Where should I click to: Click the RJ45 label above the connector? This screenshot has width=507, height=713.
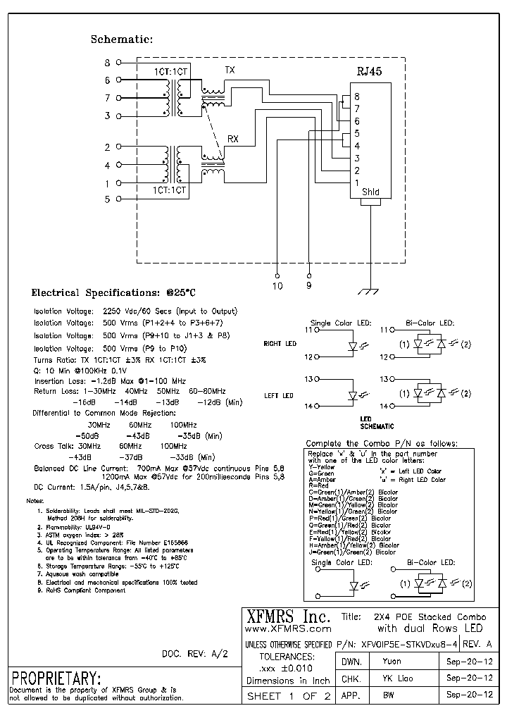pyautogui.click(x=370, y=72)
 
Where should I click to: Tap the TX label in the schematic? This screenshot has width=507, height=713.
pyautogui.click(x=230, y=70)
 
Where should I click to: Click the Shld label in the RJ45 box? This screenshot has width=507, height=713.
pyautogui.click(x=370, y=192)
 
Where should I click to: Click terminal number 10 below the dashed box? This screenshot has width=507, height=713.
pyautogui.click(x=277, y=285)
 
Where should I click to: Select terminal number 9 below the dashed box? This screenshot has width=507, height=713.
pyautogui.click(x=310, y=285)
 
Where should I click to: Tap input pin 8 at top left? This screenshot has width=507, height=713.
pyautogui.click(x=107, y=63)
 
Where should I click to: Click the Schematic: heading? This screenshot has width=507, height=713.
pyautogui.click(x=121, y=39)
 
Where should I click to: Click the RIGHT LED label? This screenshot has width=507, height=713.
pyautogui.click(x=280, y=344)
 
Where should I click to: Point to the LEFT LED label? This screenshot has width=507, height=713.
pyautogui.click(x=278, y=396)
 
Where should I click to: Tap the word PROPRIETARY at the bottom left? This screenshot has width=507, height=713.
pyautogui.click(x=55, y=678)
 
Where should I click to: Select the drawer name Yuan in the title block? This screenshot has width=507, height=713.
pyautogui.click(x=392, y=662)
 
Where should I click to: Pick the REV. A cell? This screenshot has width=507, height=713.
pyautogui.click(x=480, y=644)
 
